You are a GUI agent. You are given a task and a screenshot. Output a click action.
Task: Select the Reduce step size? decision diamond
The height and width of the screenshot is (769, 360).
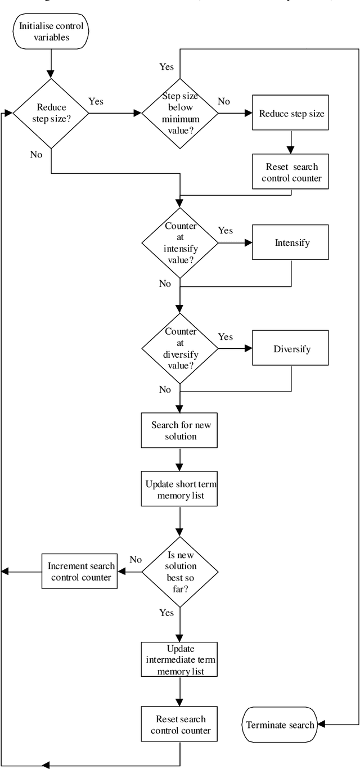[x=51, y=113]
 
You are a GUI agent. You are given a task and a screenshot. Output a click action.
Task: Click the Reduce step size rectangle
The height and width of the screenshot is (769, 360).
[x=290, y=113]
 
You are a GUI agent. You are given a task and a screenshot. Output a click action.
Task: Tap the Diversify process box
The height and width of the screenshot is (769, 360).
[x=290, y=349]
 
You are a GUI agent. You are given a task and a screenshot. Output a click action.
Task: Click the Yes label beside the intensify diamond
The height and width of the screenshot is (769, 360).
[x=226, y=231]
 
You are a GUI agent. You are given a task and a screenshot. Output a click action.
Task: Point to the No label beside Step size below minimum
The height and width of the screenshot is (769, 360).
[x=224, y=102]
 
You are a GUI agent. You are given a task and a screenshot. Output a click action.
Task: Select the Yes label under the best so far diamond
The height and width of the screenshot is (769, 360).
[x=166, y=612]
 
